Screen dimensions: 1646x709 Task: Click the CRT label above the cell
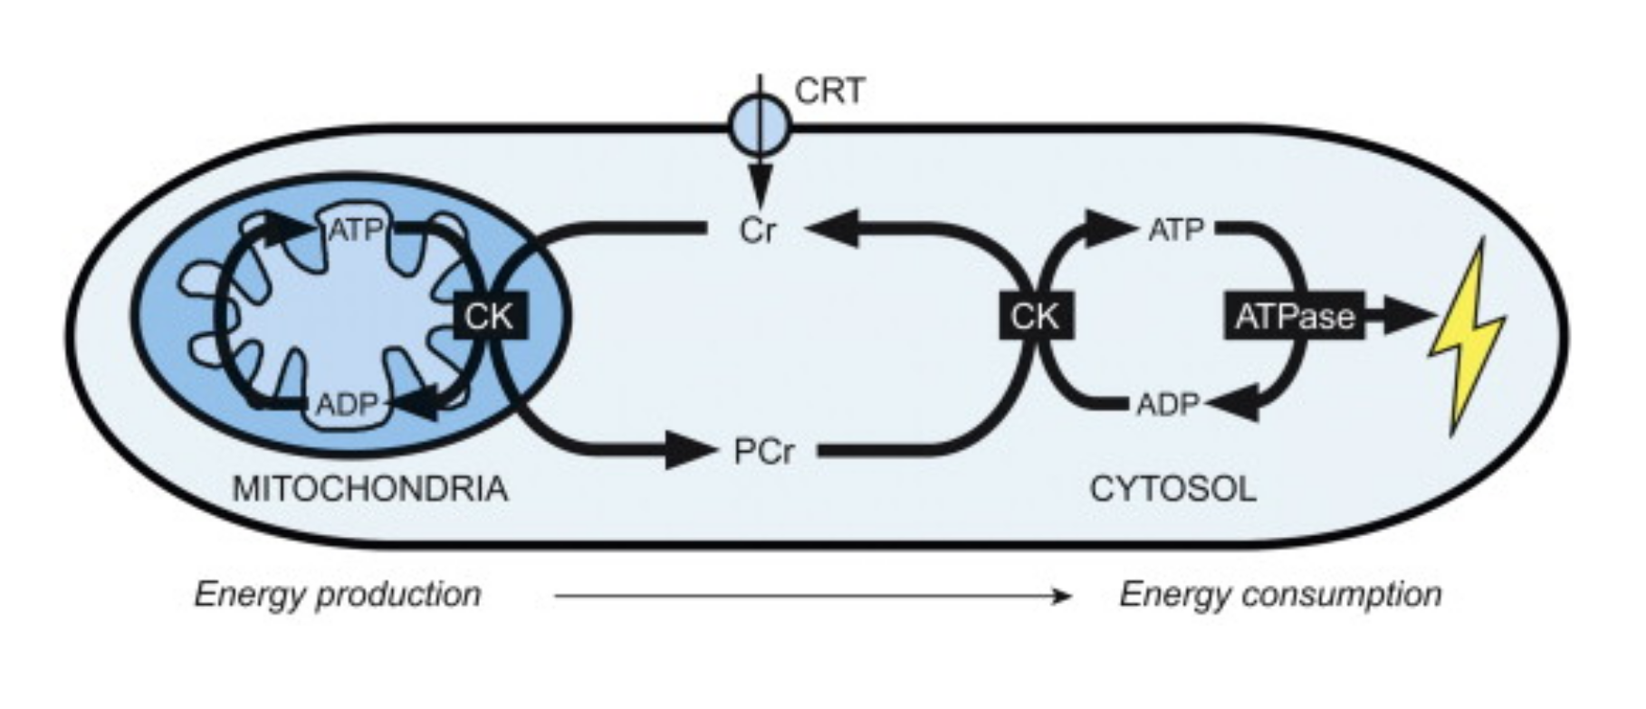tap(829, 91)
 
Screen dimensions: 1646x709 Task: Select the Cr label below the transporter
tap(758, 231)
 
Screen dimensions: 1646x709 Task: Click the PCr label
tap(763, 451)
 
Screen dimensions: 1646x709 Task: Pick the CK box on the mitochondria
tap(490, 316)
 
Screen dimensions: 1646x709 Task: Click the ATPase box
tap(1295, 316)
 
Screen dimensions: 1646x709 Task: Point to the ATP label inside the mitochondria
tap(355, 230)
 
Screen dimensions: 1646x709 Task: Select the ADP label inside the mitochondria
tap(346, 404)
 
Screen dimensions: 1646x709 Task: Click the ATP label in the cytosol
tap(1176, 231)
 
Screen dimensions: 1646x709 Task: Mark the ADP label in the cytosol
tap(1168, 404)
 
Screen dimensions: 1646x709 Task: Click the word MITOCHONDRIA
tap(370, 489)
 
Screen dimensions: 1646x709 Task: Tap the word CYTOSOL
tap(1172, 489)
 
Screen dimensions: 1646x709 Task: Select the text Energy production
tap(338, 595)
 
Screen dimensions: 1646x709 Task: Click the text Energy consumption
tap(1280, 595)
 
